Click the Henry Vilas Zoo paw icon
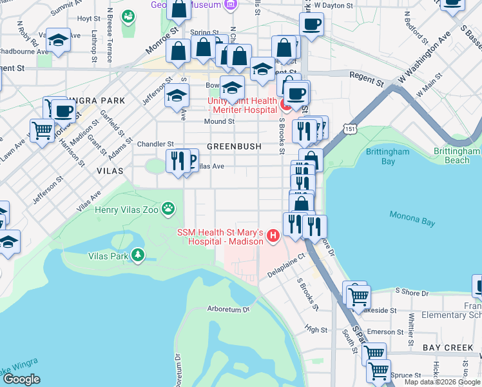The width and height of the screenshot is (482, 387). click(x=168, y=208)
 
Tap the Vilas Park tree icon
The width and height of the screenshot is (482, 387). click(x=137, y=255)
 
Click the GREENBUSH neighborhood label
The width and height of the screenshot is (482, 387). click(x=234, y=146)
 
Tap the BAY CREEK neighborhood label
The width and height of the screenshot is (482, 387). click(x=448, y=348)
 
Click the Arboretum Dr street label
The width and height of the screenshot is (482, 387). click(x=227, y=309)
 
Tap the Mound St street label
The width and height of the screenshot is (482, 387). click(x=219, y=121)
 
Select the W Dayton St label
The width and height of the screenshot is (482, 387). click(x=333, y=5)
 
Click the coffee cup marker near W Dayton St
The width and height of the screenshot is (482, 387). click(x=311, y=25)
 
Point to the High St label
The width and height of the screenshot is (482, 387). click(x=316, y=330)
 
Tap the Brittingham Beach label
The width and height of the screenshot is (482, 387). click(x=458, y=155)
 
